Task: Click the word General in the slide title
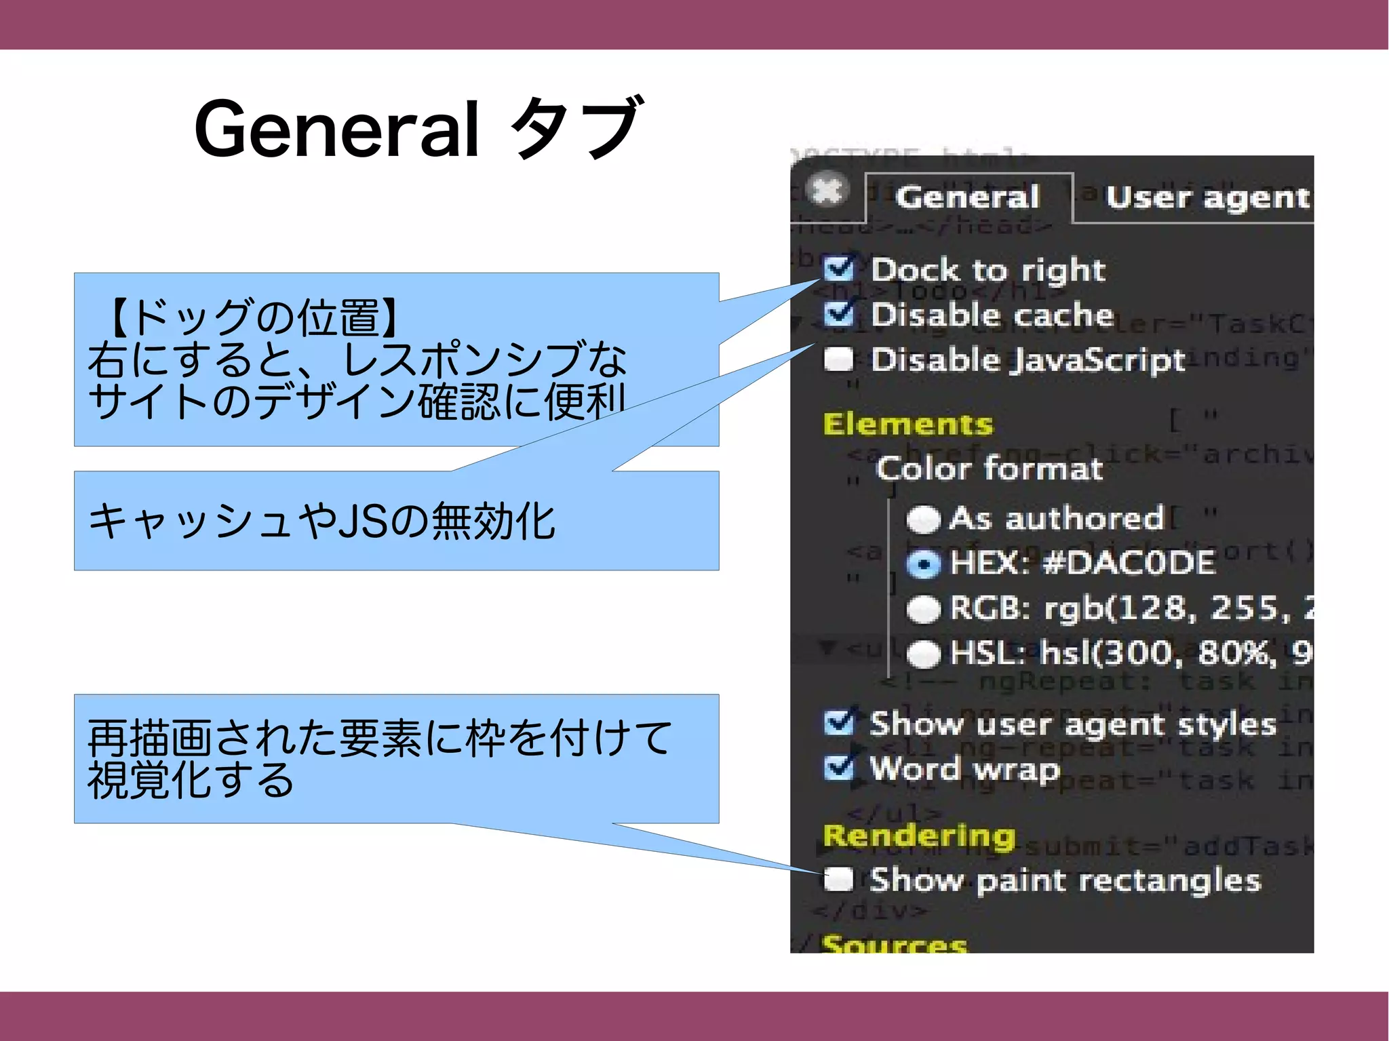(x=337, y=129)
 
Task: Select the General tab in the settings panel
(x=968, y=197)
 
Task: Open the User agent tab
(x=1207, y=197)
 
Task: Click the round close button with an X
(x=828, y=189)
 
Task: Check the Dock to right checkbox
(x=839, y=269)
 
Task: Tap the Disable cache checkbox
(x=839, y=314)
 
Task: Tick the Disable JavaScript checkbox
(x=839, y=359)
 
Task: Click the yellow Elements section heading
(x=907, y=424)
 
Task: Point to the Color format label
(x=989, y=469)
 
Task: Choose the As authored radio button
(x=924, y=519)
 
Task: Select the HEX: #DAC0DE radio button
(x=924, y=564)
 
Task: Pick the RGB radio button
(x=924, y=609)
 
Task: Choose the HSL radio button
(x=924, y=654)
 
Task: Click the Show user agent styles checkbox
(x=839, y=724)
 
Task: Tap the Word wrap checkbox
(x=839, y=768)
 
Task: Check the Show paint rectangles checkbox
(x=839, y=880)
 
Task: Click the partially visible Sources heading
(x=894, y=943)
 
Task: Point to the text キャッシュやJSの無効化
(x=322, y=521)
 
